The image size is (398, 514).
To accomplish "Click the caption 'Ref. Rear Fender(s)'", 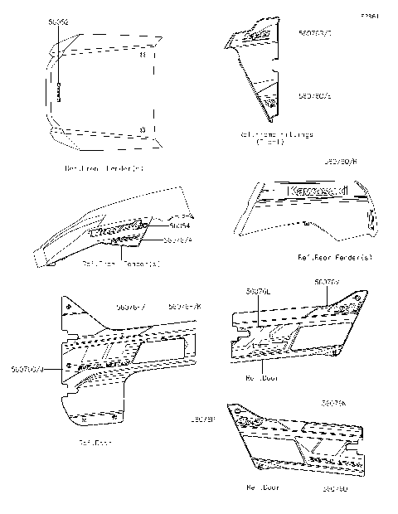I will click(x=335, y=257).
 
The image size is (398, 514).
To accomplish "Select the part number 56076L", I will click(x=257, y=291).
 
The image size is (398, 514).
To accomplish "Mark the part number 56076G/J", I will click(x=28, y=369).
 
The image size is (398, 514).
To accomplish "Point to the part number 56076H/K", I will click(x=185, y=307).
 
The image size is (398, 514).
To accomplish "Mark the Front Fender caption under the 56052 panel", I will click(x=104, y=169).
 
